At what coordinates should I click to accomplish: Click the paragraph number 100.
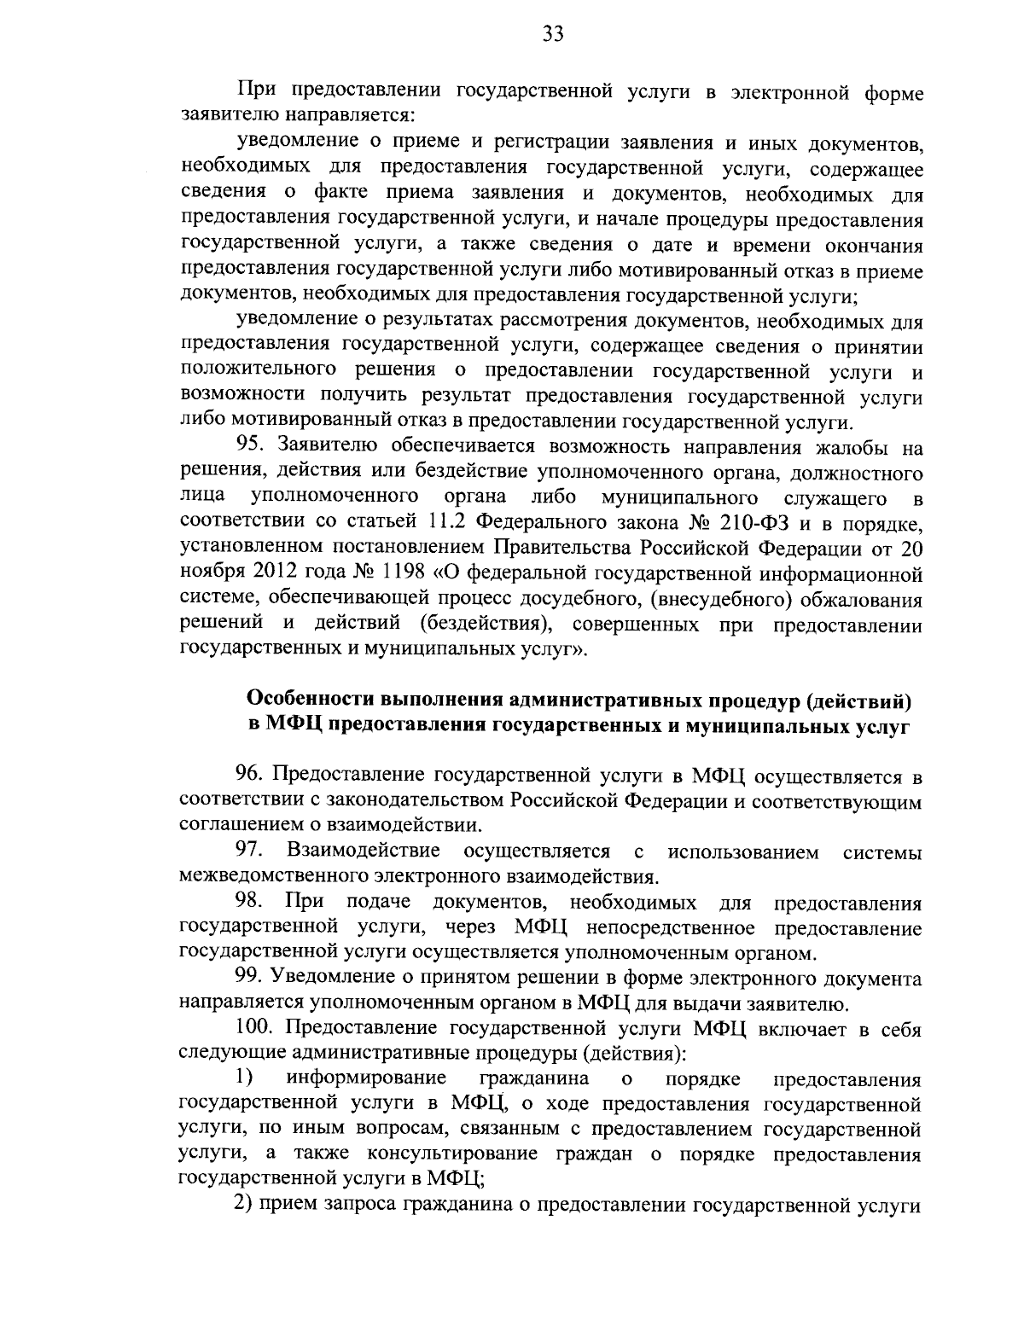point(253,1030)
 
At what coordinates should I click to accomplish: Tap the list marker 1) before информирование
point(245,1079)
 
